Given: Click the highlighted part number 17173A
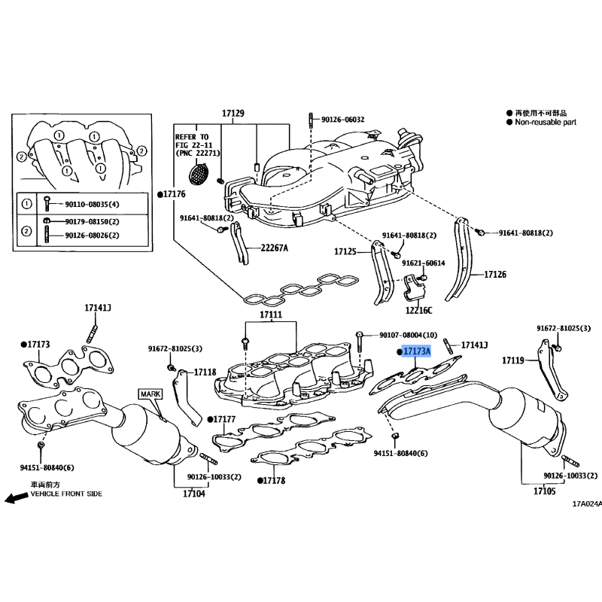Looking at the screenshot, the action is click(417, 351).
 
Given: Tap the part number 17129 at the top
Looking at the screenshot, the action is click(233, 114).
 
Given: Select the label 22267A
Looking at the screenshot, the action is click(274, 248).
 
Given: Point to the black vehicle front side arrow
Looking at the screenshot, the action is click(17, 498).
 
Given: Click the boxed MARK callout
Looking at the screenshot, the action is click(150, 394).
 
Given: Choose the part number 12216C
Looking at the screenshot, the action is click(418, 310).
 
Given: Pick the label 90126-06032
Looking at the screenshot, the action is click(343, 120).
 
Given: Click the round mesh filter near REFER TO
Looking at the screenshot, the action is click(199, 174).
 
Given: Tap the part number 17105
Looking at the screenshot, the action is click(544, 491).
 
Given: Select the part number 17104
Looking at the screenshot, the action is click(194, 494).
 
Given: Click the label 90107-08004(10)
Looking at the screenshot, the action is click(408, 335).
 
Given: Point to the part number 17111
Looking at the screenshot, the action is click(271, 315).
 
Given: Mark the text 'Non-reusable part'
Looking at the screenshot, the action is click(546, 122).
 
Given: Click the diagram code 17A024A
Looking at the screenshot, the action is click(587, 504).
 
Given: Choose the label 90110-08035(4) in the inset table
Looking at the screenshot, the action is click(92, 204).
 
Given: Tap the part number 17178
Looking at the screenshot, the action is click(274, 480).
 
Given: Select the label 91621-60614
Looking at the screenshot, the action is click(424, 263).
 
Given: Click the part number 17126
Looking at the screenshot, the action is click(495, 275).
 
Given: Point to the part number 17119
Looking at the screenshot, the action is click(513, 360).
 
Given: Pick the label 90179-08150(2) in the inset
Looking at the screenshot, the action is click(92, 221).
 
